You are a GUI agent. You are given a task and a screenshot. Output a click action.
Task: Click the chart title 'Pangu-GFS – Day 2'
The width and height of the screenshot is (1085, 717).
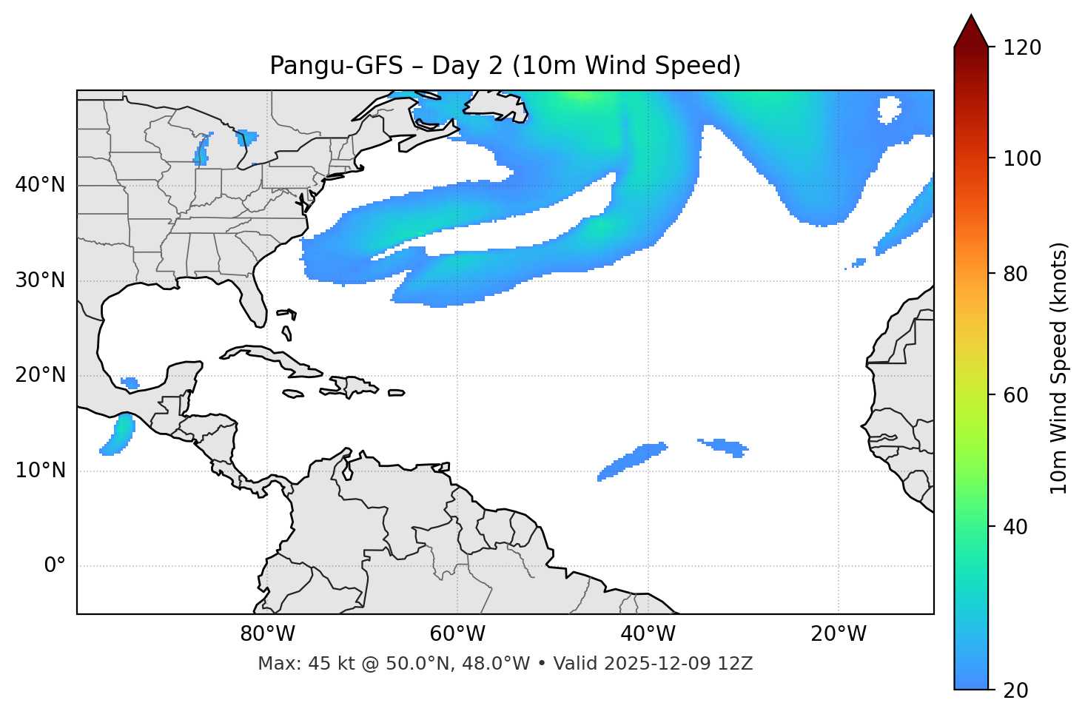tap(505, 66)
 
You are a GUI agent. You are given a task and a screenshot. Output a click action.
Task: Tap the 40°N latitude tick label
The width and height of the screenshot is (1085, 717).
tap(40, 185)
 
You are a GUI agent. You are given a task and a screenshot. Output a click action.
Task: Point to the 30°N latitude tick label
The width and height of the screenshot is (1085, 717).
tap(40, 280)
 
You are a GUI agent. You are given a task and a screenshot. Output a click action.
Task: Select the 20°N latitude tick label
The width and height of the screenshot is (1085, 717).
tap(40, 375)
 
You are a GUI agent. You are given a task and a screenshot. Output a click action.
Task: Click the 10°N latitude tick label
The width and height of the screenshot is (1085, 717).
tap(40, 471)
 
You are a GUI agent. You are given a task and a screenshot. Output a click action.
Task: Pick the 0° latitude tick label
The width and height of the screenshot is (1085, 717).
tap(55, 566)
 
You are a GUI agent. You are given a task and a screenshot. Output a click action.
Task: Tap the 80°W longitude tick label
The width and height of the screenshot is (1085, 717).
tap(267, 634)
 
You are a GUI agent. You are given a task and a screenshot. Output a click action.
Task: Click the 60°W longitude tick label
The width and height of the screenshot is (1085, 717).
tap(457, 634)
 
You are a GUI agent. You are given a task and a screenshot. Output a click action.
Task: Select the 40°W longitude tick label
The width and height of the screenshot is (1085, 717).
tap(648, 634)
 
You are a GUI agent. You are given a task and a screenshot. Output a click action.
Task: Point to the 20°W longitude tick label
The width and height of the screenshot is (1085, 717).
tap(838, 634)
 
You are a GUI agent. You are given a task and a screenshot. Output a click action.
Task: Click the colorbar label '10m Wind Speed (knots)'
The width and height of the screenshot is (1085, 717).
tap(1059, 368)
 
